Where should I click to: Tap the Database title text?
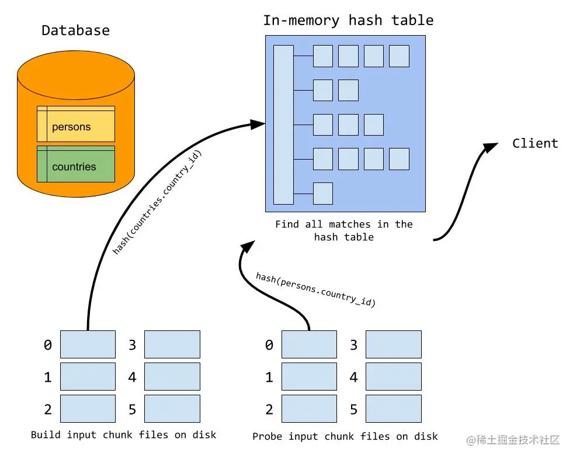(x=75, y=30)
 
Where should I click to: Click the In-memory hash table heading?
(x=348, y=20)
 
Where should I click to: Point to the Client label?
(x=535, y=144)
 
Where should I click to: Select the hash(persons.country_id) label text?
(x=315, y=289)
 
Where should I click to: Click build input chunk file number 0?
(x=88, y=344)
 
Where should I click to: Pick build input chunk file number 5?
(x=172, y=409)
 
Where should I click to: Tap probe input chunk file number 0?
(x=309, y=344)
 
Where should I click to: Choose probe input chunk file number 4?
(x=393, y=377)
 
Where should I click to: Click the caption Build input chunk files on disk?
(x=123, y=435)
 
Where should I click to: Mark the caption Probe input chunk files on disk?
(x=345, y=436)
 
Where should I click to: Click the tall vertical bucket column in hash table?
(x=283, y=125)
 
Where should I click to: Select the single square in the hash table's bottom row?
(x=323, y=194)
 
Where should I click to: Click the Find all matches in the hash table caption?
(x=343, y=230)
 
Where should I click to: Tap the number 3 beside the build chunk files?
(x=133, y=345)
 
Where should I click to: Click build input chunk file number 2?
(x=88, y=409)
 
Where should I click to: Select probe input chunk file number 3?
(x=393, y=344)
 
